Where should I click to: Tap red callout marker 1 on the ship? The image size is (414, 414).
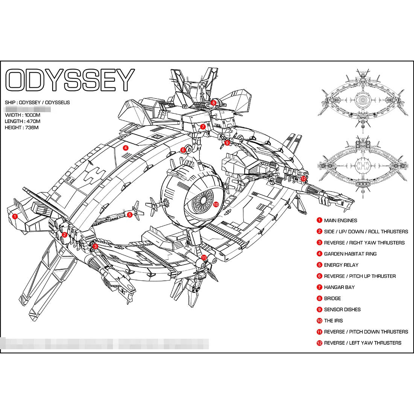point(15,216)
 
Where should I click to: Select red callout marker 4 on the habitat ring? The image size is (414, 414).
point(126,148)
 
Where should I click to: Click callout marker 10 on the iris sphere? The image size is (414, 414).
point(216,204)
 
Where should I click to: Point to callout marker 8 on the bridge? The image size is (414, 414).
point(213,102)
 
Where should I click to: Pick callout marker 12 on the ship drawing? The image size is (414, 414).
point(304,179)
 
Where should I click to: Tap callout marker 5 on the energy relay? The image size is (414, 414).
point(130,215)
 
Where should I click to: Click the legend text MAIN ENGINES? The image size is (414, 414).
point(341,221)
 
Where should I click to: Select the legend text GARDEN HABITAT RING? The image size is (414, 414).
point(350,254)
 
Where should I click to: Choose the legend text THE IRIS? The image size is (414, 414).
point(333,321)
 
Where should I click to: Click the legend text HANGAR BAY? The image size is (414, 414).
point(339,287)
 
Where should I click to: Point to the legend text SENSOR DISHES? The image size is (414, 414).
point(342,310)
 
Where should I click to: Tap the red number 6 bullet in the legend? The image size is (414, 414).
point(319,276)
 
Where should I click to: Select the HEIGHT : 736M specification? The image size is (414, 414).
point(22,128)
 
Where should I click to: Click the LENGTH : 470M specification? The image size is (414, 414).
point(23,121)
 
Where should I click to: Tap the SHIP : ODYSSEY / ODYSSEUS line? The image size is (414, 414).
point(37,102)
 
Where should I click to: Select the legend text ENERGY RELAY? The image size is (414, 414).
point(341,265)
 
